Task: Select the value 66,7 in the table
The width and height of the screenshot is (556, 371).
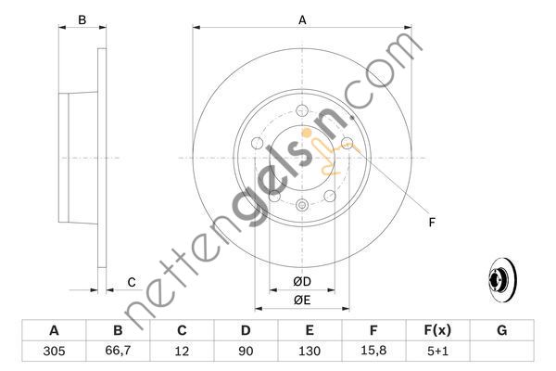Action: (x=118, y=352)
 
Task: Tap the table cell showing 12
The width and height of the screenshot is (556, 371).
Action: (x=182, y=352)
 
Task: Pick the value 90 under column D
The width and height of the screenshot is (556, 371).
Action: (x=246, y=352)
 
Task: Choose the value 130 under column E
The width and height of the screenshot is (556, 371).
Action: (x=310, y=352)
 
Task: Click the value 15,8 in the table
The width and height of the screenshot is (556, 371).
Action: (x=373, y=352)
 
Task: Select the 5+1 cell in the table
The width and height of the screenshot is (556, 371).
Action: (x=437, y=352)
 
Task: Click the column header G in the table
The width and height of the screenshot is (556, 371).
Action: (x=501, y=330)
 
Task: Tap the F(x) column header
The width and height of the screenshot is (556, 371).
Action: (x=437, y=330)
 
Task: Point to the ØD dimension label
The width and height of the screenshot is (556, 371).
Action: (x=301, y=281)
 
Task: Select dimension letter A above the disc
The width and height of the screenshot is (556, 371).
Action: (x=302, y=19)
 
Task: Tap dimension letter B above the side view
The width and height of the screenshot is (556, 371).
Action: (x=82, y=19)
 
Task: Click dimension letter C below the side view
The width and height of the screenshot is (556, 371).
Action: (x=131, y=282)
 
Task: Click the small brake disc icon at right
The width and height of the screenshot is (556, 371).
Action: (x=500, y=278)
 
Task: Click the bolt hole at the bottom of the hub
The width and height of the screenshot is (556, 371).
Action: (x=301, y=205)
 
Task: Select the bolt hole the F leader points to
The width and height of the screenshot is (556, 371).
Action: (x=347, y=143)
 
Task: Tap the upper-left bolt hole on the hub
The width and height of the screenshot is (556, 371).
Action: (x=257, y=143)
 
